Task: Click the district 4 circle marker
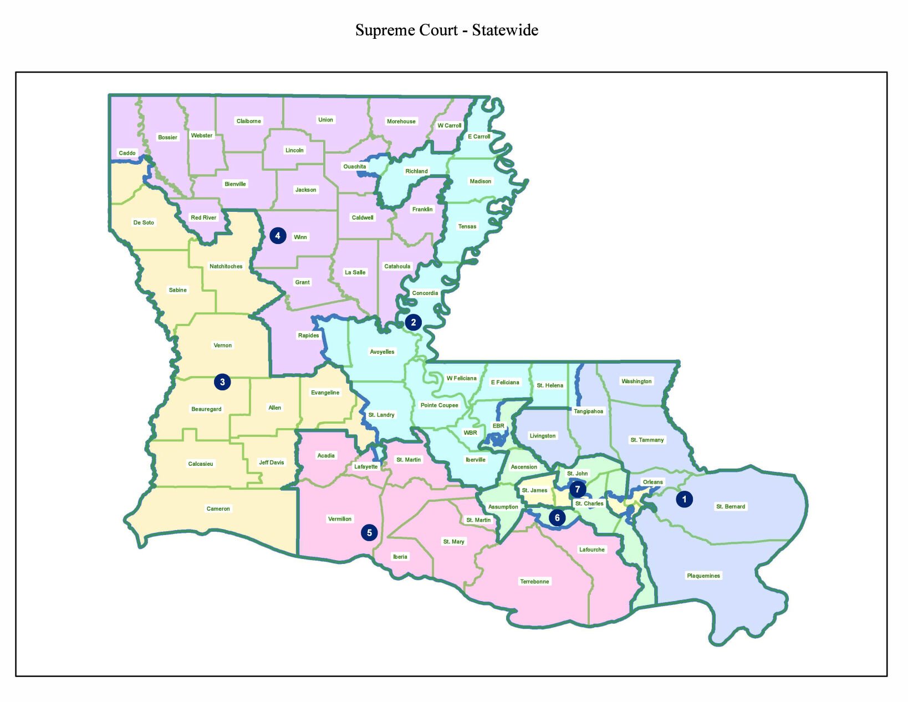point(278,236)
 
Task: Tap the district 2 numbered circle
point(413,322)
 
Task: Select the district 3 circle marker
point(222,381)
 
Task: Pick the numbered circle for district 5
point(369,532)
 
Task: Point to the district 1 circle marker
point(684,499)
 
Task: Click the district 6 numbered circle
point(557,518)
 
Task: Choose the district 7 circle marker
point(578,489)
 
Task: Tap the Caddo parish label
point(127,153)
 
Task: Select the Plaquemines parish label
point(703,576)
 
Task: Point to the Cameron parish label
point(218,508)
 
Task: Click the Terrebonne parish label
point(534,582)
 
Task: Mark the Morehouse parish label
point(401,121)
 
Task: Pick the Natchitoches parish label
point(226,266)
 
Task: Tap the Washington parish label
point(636,381)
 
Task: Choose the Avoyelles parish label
point(382,352)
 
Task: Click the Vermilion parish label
point(340,519)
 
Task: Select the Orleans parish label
point(652,482)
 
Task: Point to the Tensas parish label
point(467,226)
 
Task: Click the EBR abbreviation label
point(498,426)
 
